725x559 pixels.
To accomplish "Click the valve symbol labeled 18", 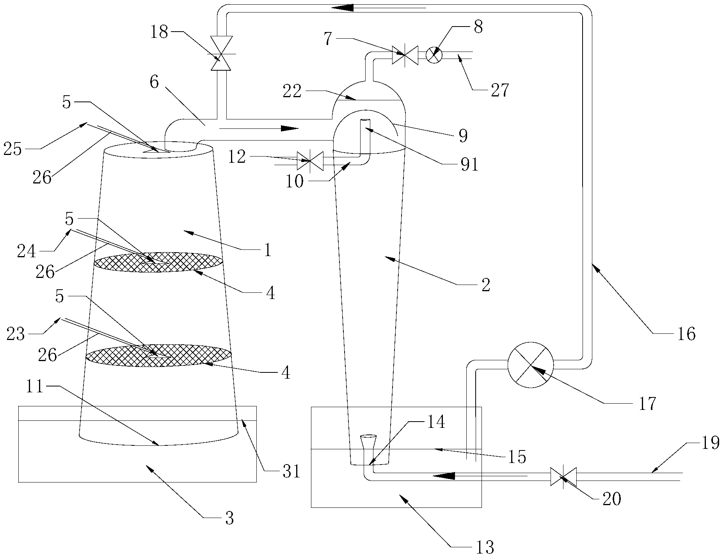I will [x=221, y=53].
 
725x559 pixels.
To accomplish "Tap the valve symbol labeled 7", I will [x=405, y=55].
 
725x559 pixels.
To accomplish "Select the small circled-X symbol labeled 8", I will [x=434, y=55].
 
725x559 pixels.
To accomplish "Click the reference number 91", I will [x=469, y=165].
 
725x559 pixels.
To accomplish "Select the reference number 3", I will [x=229, y=519].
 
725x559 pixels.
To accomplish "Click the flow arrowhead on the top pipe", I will [x=343, y=7].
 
